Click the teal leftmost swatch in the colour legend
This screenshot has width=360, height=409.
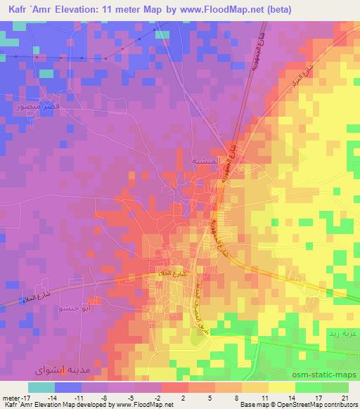(x=41, y=387)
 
